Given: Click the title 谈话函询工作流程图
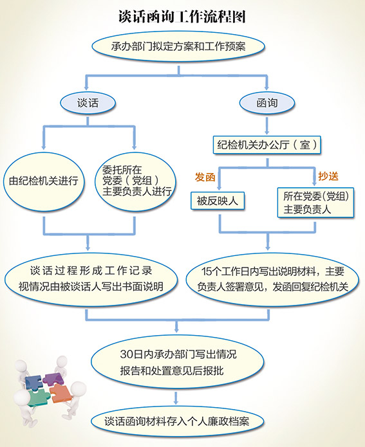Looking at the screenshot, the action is tap(182, 17).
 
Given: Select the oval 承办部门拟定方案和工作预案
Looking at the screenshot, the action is tap(178, 46).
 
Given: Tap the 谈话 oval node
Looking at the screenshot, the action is tap(88, 103).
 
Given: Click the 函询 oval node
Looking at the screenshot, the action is tap(267, 103).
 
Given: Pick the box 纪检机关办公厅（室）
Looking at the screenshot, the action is tap(267, 145).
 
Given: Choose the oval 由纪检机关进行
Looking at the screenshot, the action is tap(44, 181).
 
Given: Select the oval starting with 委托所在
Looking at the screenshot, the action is tap(135, 181).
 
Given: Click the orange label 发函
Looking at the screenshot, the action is tap(205, 177).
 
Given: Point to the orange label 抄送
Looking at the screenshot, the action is tap(328, 176).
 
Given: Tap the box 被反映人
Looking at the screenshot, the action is tap(218, 201).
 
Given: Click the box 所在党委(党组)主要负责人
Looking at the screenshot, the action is tap(315, 203).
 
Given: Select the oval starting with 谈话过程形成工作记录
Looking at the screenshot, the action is tap(91, 279).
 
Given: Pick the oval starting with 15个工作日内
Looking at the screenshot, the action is tap(272, 279).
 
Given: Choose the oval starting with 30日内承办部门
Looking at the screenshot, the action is tap(178, 362).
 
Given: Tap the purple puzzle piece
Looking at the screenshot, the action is tap(53, 379).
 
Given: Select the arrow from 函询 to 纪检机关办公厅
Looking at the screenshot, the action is tap(267, 125).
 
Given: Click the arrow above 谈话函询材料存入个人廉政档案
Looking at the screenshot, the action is tap(176, 398).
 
